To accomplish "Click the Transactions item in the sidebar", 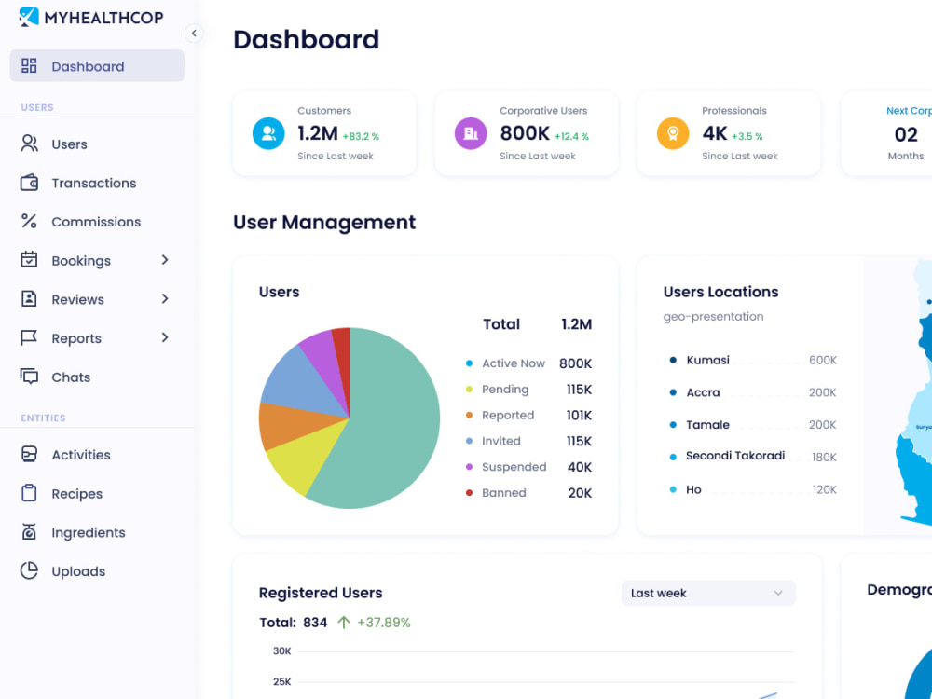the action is tap(93, 183).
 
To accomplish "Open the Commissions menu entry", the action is tap(96, 222).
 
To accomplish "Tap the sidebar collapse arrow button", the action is tap(194, 34).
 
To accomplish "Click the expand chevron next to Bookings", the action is tap(165, 260).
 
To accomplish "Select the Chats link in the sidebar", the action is tap(71, 377).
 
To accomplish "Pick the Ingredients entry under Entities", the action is tap(88, 532).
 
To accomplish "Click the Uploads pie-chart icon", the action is tap(29, 570).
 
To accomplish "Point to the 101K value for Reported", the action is tap(579, 415).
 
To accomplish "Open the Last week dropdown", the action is tap(708, 593).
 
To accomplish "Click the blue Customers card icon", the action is tap(268, 133).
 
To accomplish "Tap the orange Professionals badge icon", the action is tap(673, 133).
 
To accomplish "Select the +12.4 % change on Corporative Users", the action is tap(572, 136).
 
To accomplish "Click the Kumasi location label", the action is tap(708, 360).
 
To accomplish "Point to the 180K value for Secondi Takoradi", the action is tap(825, 457).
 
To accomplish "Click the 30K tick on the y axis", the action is tap(281, 651).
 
